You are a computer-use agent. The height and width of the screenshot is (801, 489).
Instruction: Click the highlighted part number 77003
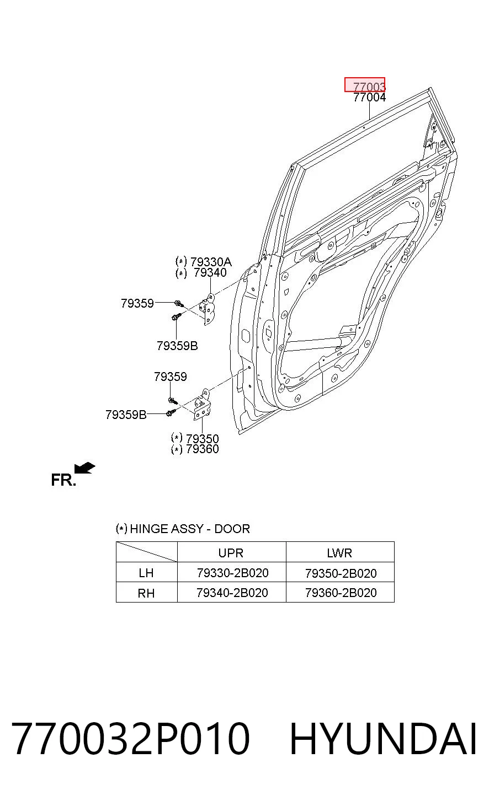coord(369,87)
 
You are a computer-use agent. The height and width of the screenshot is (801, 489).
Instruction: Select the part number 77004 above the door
coord(369,97)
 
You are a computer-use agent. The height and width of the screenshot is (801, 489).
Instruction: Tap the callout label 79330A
coord(211,262)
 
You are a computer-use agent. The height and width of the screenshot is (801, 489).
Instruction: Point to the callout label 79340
coord(210,273)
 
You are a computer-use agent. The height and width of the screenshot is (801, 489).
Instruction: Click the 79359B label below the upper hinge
coord(177,346)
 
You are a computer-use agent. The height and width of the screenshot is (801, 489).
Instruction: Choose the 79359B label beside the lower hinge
coord(126,415)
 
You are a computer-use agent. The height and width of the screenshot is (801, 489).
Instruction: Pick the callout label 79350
coord(202,439)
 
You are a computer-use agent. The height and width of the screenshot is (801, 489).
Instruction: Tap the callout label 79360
coord(202,449)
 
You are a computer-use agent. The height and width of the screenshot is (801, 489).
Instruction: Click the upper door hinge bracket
coord(208,309)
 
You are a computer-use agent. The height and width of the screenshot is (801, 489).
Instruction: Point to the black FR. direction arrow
coord(84,468)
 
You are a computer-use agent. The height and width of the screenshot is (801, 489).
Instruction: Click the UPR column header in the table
coord(231,553)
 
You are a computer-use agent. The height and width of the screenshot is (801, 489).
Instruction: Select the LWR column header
coord(339,553)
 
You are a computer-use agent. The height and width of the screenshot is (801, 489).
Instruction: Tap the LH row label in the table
coord(146,573)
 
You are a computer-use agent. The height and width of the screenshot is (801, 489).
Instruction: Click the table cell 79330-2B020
coord(233,573)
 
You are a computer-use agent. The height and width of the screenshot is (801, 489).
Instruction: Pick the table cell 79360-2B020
coord(341,593)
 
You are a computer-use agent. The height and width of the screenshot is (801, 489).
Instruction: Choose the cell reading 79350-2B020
coord(341,573)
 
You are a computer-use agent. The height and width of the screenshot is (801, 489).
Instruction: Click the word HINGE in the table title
coord(148,529)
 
